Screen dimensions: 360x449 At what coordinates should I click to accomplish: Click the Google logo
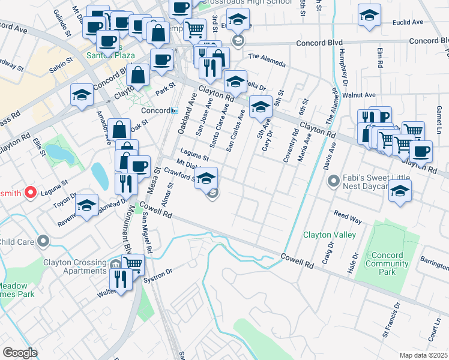coord(19,353)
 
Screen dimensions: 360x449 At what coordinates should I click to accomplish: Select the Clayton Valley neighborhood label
coord(330,235)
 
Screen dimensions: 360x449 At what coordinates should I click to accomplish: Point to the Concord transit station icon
coord(175,110)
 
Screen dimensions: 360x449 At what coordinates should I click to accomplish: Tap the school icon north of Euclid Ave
coord(369,16)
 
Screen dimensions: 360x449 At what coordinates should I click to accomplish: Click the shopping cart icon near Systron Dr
coord(133,263)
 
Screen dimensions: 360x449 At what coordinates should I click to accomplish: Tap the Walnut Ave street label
coord(358,95)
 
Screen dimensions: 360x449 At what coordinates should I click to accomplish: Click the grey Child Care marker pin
coord(43,241)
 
